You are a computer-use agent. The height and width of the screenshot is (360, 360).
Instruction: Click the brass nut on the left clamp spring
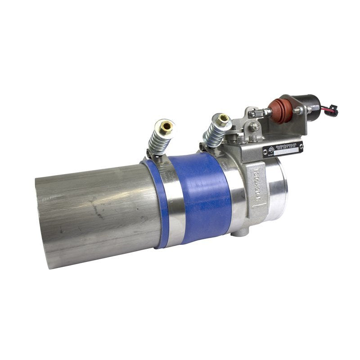(167, 126)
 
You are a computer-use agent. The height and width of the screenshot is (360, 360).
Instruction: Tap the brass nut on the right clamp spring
(222, 120)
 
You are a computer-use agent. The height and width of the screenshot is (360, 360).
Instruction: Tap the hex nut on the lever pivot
(255, 127)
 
